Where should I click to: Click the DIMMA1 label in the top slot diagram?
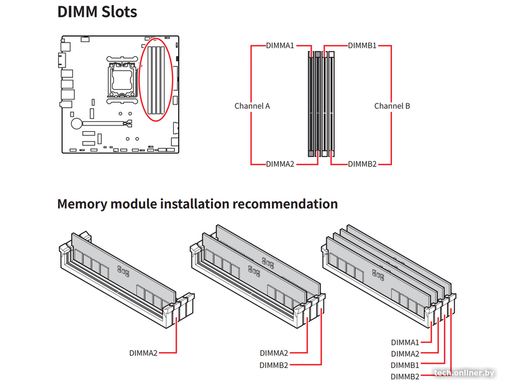(x=280, y=46)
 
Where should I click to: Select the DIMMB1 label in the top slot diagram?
(x=362, y=46)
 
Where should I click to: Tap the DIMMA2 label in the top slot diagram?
(x=280, y=165)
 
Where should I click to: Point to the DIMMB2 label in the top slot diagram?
(x=362, y=165)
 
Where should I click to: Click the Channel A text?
(x=252, y=106)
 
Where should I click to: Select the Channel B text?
(x=392, y=106)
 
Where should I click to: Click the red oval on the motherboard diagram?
(x=156, y=80)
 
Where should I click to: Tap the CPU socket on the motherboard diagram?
(x=122, y=79)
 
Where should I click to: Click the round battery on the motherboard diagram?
(x=77, y=123)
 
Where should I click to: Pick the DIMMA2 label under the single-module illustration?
(x=143, y=353)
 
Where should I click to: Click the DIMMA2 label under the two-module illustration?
(x=274, y=353)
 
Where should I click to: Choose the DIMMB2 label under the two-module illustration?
(x=274, y=365)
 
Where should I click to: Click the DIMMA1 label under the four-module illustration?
(x=405, y=342)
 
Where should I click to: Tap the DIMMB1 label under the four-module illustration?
(x=405, y=365)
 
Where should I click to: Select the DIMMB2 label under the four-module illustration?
(x=405, y=377)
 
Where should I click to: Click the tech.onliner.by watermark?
(x=464, y=372)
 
